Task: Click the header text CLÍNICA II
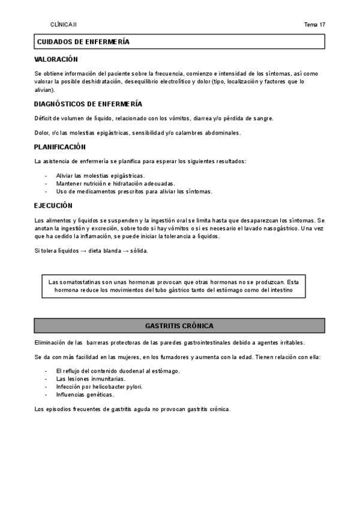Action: pyautogui.click(x=64, y=25)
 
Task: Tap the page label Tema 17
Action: pyautogui.click(x=314, y=25)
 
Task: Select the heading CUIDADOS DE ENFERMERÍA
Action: pyautogui.click(x=83, y=41)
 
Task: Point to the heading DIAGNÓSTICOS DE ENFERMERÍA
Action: pyautogui.click(x=88, y=103)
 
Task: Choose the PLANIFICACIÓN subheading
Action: pyautogui.click(x=60, y=146)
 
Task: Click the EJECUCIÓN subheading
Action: pyautogui.click(x=53, y=205)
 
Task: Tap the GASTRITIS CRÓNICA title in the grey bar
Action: pyautogui.click(x=180, y=326)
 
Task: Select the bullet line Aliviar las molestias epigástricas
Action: pyautogui.click(x=100, y=175)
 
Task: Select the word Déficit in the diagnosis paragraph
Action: pyautogui.click(x=44, y=118)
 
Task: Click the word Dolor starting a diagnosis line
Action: pyautogui.click(x=42, y=133)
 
